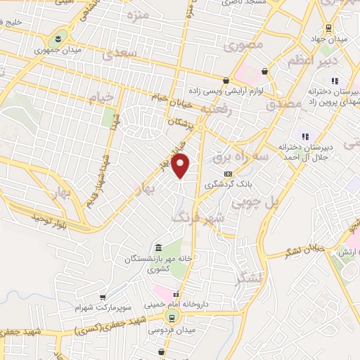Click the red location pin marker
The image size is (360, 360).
click(181, 165)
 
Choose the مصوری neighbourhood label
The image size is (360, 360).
click(246, 44)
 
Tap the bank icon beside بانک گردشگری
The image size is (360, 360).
click(227, 173)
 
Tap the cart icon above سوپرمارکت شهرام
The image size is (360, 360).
click(103, 298)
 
